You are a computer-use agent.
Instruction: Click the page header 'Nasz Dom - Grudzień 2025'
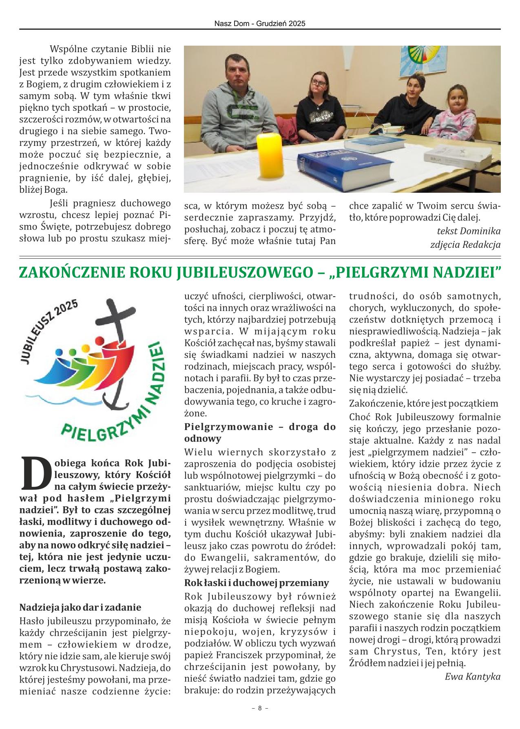click(260, 24)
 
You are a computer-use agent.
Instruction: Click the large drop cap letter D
click(34, 474)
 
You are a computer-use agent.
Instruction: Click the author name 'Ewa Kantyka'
click(472, 677)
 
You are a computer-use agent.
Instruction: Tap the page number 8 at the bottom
click(260, 708)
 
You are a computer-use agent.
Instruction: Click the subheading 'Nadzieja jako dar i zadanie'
click(80, 607)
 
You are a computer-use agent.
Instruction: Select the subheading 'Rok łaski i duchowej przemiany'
click(257, 582)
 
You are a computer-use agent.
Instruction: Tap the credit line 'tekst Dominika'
click(468, 231)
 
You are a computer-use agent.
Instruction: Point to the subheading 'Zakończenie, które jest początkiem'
click(424, 403)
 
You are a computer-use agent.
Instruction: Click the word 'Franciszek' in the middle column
click(236, 655)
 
